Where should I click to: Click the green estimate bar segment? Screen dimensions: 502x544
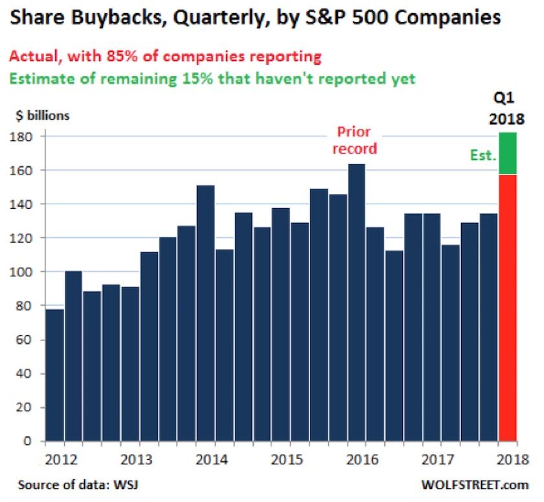508,153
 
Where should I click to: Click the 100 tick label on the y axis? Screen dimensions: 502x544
28,272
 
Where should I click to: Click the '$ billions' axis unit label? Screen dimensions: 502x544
42,117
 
